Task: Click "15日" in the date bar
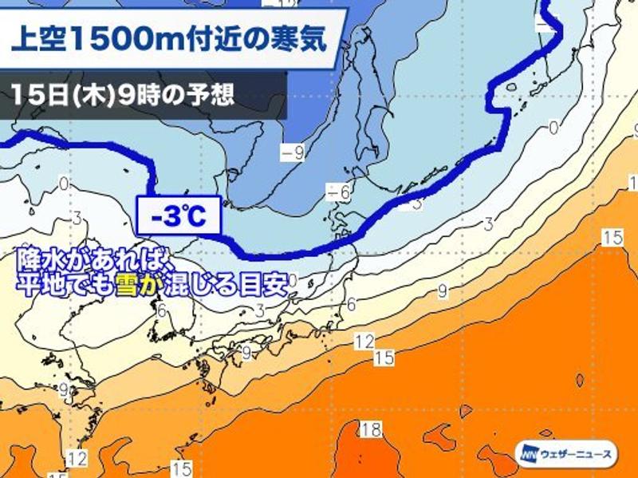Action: coord(35,96)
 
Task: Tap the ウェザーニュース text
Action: coord(576,454)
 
